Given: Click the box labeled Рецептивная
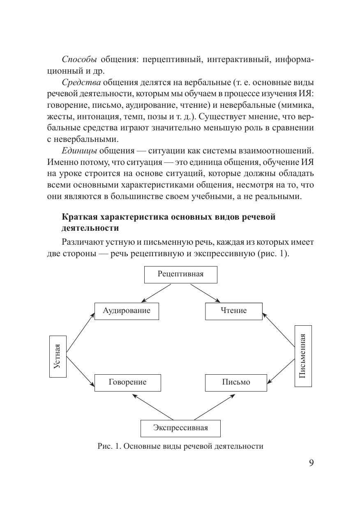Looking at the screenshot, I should coord(180,274).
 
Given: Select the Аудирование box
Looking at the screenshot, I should coord(127,311).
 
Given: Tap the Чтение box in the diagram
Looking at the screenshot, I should coord(233,311).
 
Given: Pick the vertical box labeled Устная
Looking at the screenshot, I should coord(58,356).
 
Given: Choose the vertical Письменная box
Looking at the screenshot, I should coord(303,356).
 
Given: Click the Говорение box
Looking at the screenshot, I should coord(127,382).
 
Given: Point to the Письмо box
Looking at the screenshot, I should coord(236,382).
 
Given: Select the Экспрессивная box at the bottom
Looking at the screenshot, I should coord(180,428).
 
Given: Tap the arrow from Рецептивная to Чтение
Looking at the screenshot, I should coord(205,293).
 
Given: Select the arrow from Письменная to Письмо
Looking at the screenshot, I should coord(281,370).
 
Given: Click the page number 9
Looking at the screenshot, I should coord(311,463).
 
